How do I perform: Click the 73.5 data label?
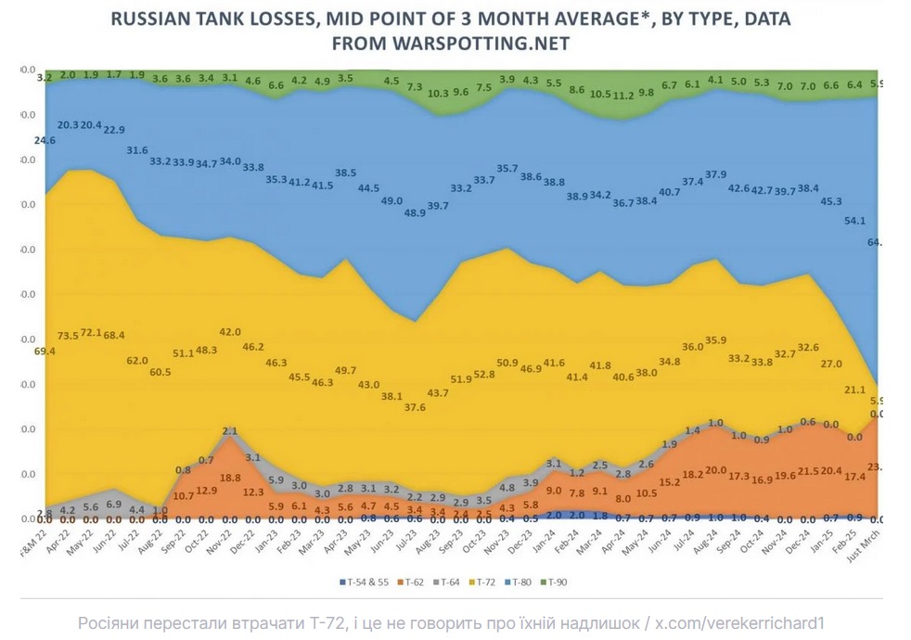69,335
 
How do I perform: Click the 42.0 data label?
230,332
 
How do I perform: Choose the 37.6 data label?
414,407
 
